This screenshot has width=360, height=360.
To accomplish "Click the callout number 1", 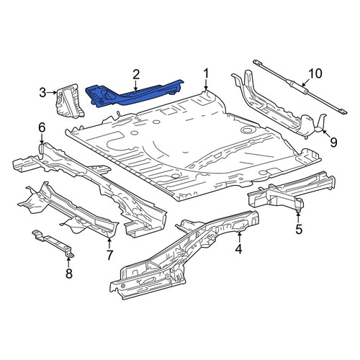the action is point(206,74).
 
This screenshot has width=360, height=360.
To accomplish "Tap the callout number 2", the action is point(136,75).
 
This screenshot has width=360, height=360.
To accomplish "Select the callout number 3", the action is point(42,92).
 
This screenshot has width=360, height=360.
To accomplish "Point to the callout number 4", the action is point(238,249).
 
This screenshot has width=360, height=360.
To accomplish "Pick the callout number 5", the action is point(299,229).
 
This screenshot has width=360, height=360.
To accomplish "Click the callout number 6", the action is point(42,127).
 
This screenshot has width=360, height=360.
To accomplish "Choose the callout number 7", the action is point(109,255).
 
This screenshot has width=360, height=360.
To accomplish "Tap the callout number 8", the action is point(69,273).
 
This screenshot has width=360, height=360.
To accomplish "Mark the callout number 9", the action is point(333,143).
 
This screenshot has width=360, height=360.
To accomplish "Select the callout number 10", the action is point(315,73).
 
